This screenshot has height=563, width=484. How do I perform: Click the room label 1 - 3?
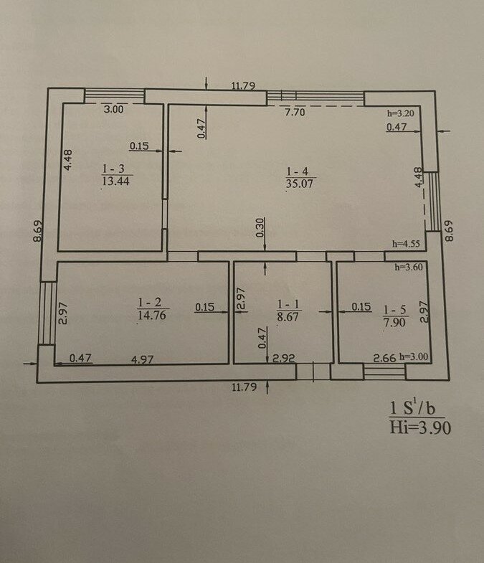(x=113, y=169)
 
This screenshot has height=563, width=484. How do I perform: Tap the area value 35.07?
(x=300, y=184)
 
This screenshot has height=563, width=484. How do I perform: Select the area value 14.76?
(x=152, y=316)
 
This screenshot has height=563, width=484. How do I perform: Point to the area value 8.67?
(x=288, y=317)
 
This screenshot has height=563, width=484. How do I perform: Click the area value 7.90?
(x=394, y=322)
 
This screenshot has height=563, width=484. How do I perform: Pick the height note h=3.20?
(x=401, y=113)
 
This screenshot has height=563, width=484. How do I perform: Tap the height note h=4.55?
(x=406, y=244)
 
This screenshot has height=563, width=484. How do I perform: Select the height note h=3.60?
(x=409, y=267)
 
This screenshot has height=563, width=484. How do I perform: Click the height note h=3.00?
(x=414, y=357)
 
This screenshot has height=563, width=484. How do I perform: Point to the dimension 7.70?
(x=295, y=113)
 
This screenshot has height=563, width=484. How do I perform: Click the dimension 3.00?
(x=113, y=109)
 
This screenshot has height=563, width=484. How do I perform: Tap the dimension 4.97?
(x=143, y=359)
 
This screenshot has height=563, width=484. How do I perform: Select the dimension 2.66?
(x=384, y=358)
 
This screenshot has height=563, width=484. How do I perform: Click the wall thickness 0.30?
(x=260, y=227)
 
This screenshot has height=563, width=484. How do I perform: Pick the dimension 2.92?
(x=284, y=359)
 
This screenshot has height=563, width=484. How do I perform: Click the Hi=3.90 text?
(x=420, y=428)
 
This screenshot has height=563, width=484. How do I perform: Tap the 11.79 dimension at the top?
(x=244, y=86)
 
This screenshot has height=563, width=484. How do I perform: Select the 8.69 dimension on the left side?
(x=38, y=231)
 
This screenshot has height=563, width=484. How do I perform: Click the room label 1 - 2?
(x=150, y=303)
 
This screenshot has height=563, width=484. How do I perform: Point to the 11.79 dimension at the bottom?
(x=245, y=387)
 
